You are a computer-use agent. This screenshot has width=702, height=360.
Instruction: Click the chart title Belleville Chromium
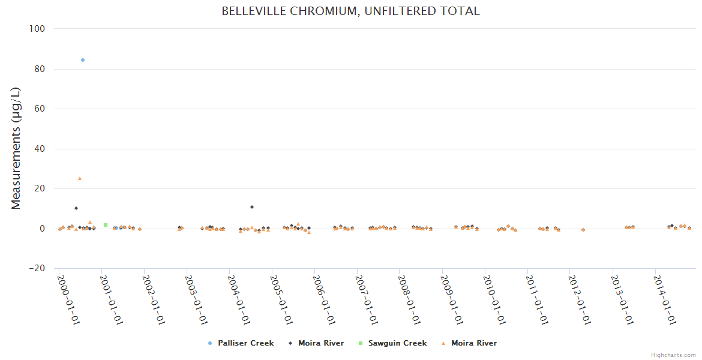coord(350,11)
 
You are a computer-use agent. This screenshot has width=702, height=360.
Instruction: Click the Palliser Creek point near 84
coord(83,60)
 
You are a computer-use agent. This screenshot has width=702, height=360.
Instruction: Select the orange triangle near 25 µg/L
coord(80,178)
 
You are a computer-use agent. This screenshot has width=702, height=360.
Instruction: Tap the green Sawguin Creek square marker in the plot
coord(106,225)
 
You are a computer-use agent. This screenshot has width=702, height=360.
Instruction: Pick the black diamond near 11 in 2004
coord(252,207)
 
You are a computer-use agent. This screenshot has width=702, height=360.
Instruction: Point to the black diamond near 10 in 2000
coord(76,208)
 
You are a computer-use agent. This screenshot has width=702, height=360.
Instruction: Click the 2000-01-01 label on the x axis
coord(69,299)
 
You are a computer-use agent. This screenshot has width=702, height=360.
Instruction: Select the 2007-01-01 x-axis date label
coord(367,299)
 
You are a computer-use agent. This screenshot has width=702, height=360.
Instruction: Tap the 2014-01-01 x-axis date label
coord(665,299)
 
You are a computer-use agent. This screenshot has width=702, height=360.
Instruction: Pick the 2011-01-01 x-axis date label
coord(538,299)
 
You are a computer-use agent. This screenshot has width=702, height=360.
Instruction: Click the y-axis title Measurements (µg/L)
coord(16,148)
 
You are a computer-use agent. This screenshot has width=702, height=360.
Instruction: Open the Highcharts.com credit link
coord(673,355)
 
